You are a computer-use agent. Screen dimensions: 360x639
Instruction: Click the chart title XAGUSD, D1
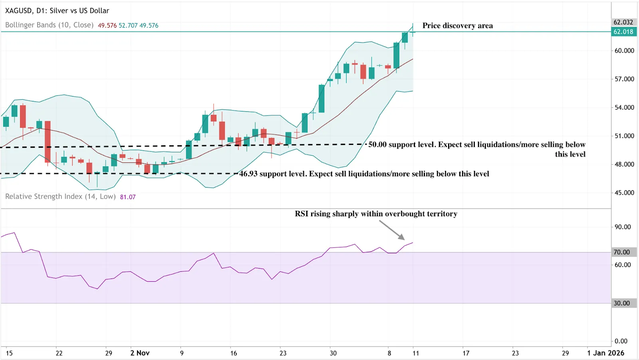pyautogui.click(x=57, y=11)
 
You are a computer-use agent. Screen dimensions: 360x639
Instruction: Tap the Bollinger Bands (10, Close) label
pyautogui.click(x=49, y=25)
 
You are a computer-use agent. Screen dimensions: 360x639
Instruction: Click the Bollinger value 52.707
pyautogui.click(x=128, y=26)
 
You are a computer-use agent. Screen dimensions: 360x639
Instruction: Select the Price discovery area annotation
pyautogui.click(x=457, y=26)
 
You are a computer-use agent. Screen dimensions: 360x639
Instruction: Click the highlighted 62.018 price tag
pyautogui.click(x=623, y=32)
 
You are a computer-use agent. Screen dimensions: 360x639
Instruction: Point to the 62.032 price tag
pyautogui.click(x=623, y=22)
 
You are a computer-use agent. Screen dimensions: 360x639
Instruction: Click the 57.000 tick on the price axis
pyautogui.click(x=624, y=79)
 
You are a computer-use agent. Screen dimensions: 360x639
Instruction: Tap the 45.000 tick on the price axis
pyautogui.click(x=624, y=193)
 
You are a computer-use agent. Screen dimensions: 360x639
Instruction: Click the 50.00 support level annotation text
pyautogui.click(x=476, y=145)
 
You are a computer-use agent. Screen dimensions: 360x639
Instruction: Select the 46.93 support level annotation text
pyautogui.click(x=364, y=174)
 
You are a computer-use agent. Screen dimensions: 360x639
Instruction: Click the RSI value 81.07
pyautogui.click(x=128, y=197)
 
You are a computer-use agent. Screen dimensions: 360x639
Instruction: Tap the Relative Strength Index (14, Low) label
pyautogui.click(x=60, y=197)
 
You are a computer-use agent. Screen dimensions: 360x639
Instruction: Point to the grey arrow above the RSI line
pyautogui.click(x=392, y=230)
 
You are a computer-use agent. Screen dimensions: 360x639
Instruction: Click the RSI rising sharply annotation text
pyautogui.click(x=376, y=214)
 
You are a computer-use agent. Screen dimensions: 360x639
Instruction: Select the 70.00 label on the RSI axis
pyautogui.click(x=622, y=252)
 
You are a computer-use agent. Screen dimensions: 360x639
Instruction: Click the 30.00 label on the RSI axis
pyautogui.click(x=622, y=303)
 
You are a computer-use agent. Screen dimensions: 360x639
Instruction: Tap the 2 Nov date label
pyautogui.click(x=140, y=353)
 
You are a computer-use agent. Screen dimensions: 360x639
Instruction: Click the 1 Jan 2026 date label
pyautogui.click(x=605, y=353)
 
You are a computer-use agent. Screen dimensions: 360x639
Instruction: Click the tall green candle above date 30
pyautogui.click(x=321, y=99)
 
